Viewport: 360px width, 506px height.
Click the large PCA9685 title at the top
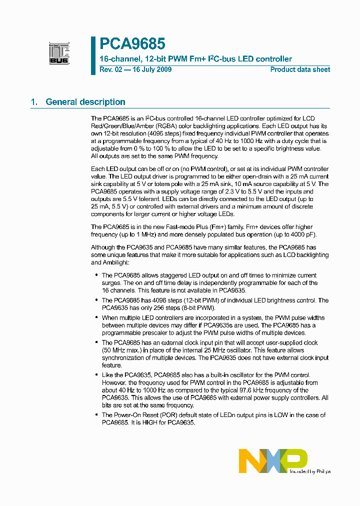coord(132,44)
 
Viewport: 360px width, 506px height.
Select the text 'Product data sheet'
coord(300,69)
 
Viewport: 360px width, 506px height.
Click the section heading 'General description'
coord(85,102)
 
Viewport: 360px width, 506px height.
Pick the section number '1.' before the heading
coord(34,102)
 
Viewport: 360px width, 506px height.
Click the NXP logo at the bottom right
coord(272,460)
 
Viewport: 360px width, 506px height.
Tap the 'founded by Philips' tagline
coord(310,471)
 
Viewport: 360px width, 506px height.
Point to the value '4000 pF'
coord(303,235)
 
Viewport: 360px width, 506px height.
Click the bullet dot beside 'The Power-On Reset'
coord(96,415)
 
